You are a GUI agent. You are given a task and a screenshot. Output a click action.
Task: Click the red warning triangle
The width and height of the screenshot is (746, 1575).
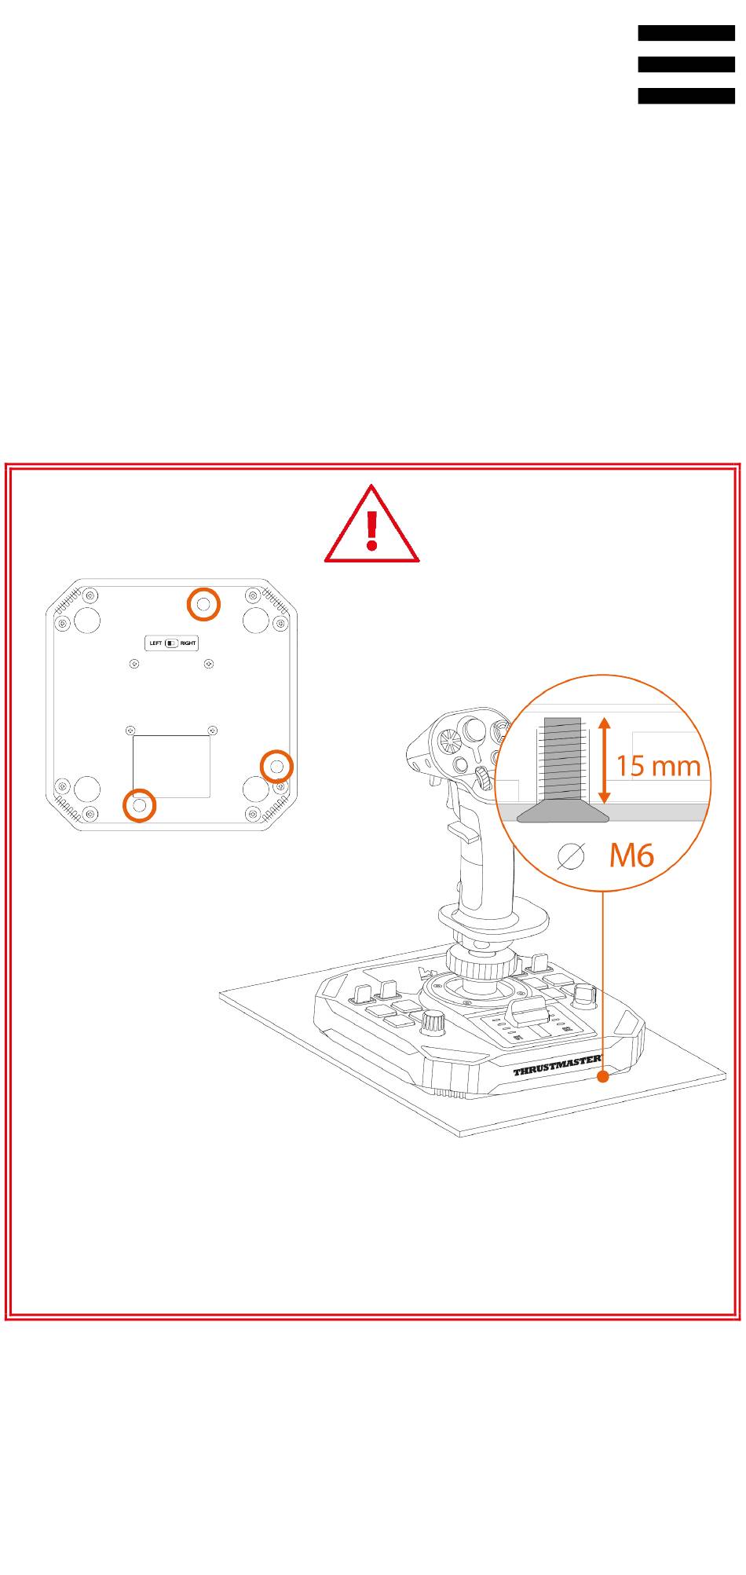tap(371, 525)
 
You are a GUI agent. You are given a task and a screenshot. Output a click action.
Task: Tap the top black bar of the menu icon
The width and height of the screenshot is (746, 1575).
tap(686, 33)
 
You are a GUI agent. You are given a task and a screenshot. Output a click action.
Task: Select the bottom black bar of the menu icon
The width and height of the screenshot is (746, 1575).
tap(686, 96)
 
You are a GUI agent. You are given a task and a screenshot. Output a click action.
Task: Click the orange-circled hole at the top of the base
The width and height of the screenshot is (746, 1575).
tap(203, 604)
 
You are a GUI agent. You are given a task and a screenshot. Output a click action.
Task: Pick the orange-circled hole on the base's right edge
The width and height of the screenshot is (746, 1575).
tap(276, 765)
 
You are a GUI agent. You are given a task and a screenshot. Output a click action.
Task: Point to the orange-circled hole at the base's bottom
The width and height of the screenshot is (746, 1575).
tap(140, 805)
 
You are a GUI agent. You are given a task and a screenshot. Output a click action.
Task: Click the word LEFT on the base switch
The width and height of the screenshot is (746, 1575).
tap(155, 643)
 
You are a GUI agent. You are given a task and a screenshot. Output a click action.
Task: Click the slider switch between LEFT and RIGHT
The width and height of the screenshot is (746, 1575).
tap(171, 643)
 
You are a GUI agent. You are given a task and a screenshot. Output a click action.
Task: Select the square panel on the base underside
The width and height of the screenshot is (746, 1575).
tap(171, 766)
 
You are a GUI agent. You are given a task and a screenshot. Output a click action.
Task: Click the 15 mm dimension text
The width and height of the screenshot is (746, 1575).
tap(658, 764)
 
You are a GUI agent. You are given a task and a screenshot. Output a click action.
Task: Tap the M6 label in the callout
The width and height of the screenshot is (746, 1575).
tap(631, 855)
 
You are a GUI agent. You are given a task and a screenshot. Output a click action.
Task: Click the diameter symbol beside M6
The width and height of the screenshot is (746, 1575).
tap(571, 856)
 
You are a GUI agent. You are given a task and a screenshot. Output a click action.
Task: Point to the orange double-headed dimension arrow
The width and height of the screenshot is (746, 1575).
tap(603, 760)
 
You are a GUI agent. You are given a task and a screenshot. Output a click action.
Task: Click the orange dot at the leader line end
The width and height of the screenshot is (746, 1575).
tap(602, 1076)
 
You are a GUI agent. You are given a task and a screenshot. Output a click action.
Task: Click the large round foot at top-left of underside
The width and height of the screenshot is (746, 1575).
tap(86, 620)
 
